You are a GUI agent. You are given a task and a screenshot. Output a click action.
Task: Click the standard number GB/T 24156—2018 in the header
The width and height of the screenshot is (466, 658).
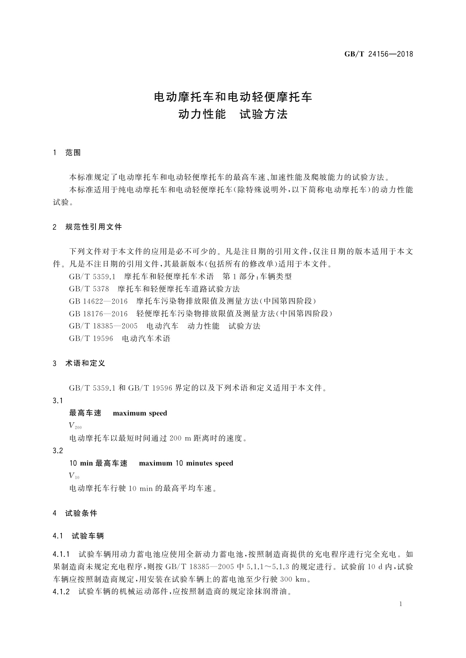pos(378,54)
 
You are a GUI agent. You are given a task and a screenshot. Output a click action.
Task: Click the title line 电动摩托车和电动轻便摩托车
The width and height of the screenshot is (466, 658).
pos(233,97)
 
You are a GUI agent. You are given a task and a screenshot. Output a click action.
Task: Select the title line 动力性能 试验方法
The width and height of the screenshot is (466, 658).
pos(233,114)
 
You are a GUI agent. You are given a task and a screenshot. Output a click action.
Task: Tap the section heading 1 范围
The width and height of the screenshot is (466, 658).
pos(67,153)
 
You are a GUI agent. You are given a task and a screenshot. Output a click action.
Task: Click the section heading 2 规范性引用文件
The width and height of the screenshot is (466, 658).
pos(87,227)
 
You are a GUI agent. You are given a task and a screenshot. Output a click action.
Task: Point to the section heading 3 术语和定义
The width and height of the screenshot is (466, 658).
pos(79,363)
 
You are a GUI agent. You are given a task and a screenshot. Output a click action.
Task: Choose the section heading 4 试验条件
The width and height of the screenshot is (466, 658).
pos(75,513)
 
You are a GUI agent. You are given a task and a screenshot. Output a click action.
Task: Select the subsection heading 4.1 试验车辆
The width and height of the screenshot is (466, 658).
pos(78,536)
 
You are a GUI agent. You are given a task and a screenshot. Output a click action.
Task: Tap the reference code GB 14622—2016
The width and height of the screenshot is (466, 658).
pos(98,301)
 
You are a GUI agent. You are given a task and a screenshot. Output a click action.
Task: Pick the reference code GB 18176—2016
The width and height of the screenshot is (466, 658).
pos(98,314)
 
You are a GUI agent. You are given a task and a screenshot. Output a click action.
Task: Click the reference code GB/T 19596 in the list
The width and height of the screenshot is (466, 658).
pos(91,339)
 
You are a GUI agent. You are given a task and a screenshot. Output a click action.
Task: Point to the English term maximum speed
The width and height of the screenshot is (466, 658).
pos(140,413)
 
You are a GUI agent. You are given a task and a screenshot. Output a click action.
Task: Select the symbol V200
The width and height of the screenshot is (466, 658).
pos(75,426)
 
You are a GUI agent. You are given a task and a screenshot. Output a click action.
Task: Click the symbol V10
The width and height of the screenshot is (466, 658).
pos(74,476)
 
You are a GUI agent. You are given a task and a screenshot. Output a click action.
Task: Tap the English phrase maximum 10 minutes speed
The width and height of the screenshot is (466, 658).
pos(186,463)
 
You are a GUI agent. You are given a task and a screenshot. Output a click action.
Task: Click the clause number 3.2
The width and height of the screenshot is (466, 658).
pos(58,451)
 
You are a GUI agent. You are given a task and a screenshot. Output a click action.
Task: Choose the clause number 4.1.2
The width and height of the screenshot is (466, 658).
pos(61,592)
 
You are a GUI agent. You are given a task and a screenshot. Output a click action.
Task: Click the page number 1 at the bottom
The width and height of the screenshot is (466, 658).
pos(401,604)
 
